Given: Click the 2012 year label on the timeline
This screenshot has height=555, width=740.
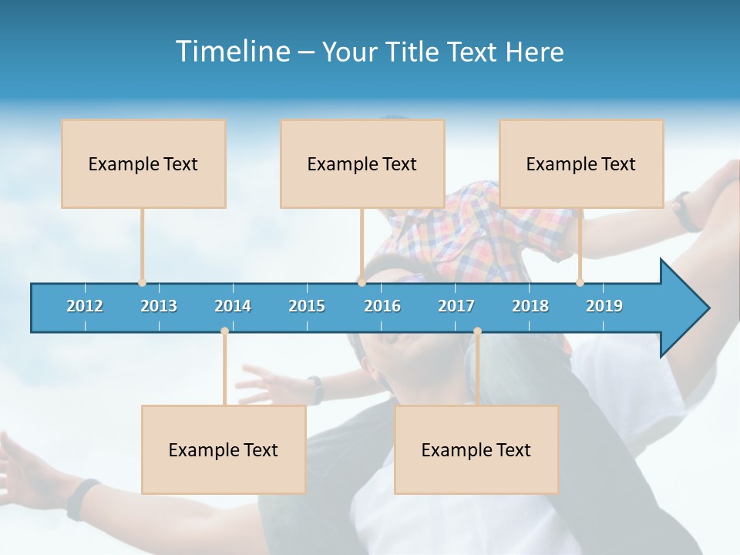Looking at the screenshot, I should pos(85,306).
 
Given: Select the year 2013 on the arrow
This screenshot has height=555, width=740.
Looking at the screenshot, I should pos(159,306).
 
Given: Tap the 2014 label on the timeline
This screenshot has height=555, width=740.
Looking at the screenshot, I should pos(233,306).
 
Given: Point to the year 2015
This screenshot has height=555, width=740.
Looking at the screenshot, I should pos(307,306).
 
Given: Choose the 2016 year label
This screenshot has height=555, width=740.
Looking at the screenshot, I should pos(382,306).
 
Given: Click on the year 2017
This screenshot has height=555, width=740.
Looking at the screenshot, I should pos(456,306).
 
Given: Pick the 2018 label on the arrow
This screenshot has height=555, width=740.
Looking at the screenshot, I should pos(530,306).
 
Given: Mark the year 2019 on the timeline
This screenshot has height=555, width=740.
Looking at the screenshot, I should pos(604,306).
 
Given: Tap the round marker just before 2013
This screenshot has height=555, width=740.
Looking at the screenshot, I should pos(142,283).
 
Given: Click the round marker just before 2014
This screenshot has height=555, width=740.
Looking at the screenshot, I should pos(224,331).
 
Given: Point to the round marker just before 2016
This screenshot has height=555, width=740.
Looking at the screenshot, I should pos(362,283).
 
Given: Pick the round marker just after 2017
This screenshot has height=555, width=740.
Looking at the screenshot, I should pos(477,331).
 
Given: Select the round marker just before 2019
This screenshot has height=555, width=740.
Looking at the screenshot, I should pos(580,283).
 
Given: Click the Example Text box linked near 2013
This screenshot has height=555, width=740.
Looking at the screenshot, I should pos(143,163).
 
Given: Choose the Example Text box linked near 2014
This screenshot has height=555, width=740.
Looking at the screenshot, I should pos(224,449).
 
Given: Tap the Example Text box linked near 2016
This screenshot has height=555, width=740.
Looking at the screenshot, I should pos(362,163).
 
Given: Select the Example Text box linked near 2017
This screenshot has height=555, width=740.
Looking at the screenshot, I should pos(476,449).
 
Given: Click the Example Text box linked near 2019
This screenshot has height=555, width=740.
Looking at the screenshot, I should pos(581,163).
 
